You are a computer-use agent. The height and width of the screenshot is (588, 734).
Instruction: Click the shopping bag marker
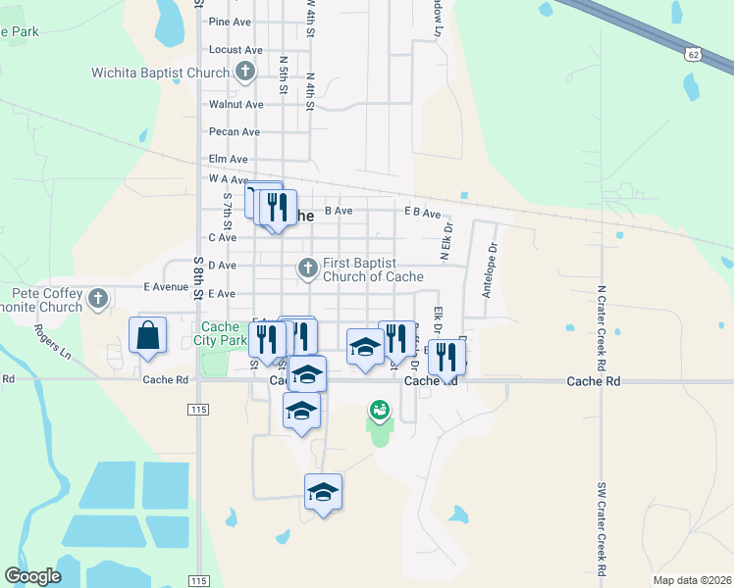click(146, 335)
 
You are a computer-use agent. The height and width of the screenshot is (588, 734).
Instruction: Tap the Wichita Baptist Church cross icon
click(244, 72)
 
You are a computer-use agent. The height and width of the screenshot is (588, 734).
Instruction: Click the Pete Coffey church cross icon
click(97, 299)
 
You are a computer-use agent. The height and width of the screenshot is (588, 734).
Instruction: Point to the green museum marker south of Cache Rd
click(379, 410)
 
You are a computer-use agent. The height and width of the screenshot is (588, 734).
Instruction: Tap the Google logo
click(32, 576)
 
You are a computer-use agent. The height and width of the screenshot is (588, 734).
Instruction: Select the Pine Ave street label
click(230, 22)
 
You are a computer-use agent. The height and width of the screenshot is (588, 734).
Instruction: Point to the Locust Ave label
click(236, 50)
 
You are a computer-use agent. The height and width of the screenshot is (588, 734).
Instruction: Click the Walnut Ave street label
click(236, 104)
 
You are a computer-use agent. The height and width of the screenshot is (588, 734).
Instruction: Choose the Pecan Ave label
click(234, 131)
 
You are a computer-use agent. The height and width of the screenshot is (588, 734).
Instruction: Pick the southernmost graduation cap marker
click(323, 492)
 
